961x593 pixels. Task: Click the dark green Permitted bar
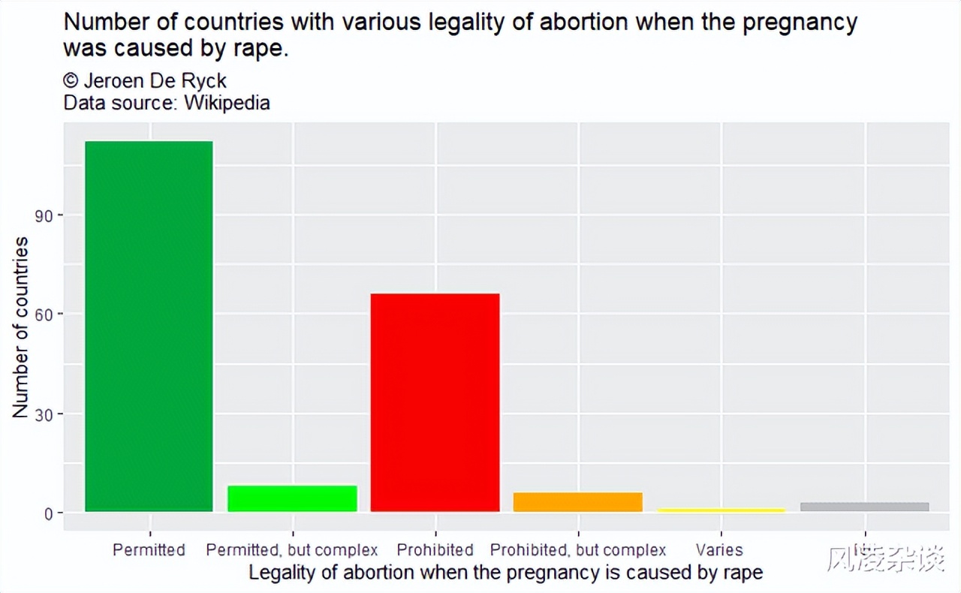(149, 327)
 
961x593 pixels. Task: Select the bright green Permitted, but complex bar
(292, 499)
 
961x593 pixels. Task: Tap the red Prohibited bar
(435, 402)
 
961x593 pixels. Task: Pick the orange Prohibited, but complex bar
(578, 502)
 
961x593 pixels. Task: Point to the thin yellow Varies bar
(721, 510)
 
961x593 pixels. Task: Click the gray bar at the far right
(864, 507)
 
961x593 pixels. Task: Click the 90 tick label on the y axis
(46, 215)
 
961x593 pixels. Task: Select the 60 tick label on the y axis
(46, 315)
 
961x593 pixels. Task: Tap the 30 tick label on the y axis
(46, 414)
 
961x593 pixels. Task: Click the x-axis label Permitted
(149, 550)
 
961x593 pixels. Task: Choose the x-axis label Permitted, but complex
(292, 550)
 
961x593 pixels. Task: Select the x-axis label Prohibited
(435, 550)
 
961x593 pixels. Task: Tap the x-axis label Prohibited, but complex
(578, 550)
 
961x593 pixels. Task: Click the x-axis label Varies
(719, 550)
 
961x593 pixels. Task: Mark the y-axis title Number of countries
(21, 327)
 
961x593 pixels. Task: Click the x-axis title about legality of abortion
(505, 573)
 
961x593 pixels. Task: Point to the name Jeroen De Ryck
(155, 81)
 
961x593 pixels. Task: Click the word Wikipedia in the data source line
(227, 103)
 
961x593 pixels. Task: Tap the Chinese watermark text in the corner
(885, 558)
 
